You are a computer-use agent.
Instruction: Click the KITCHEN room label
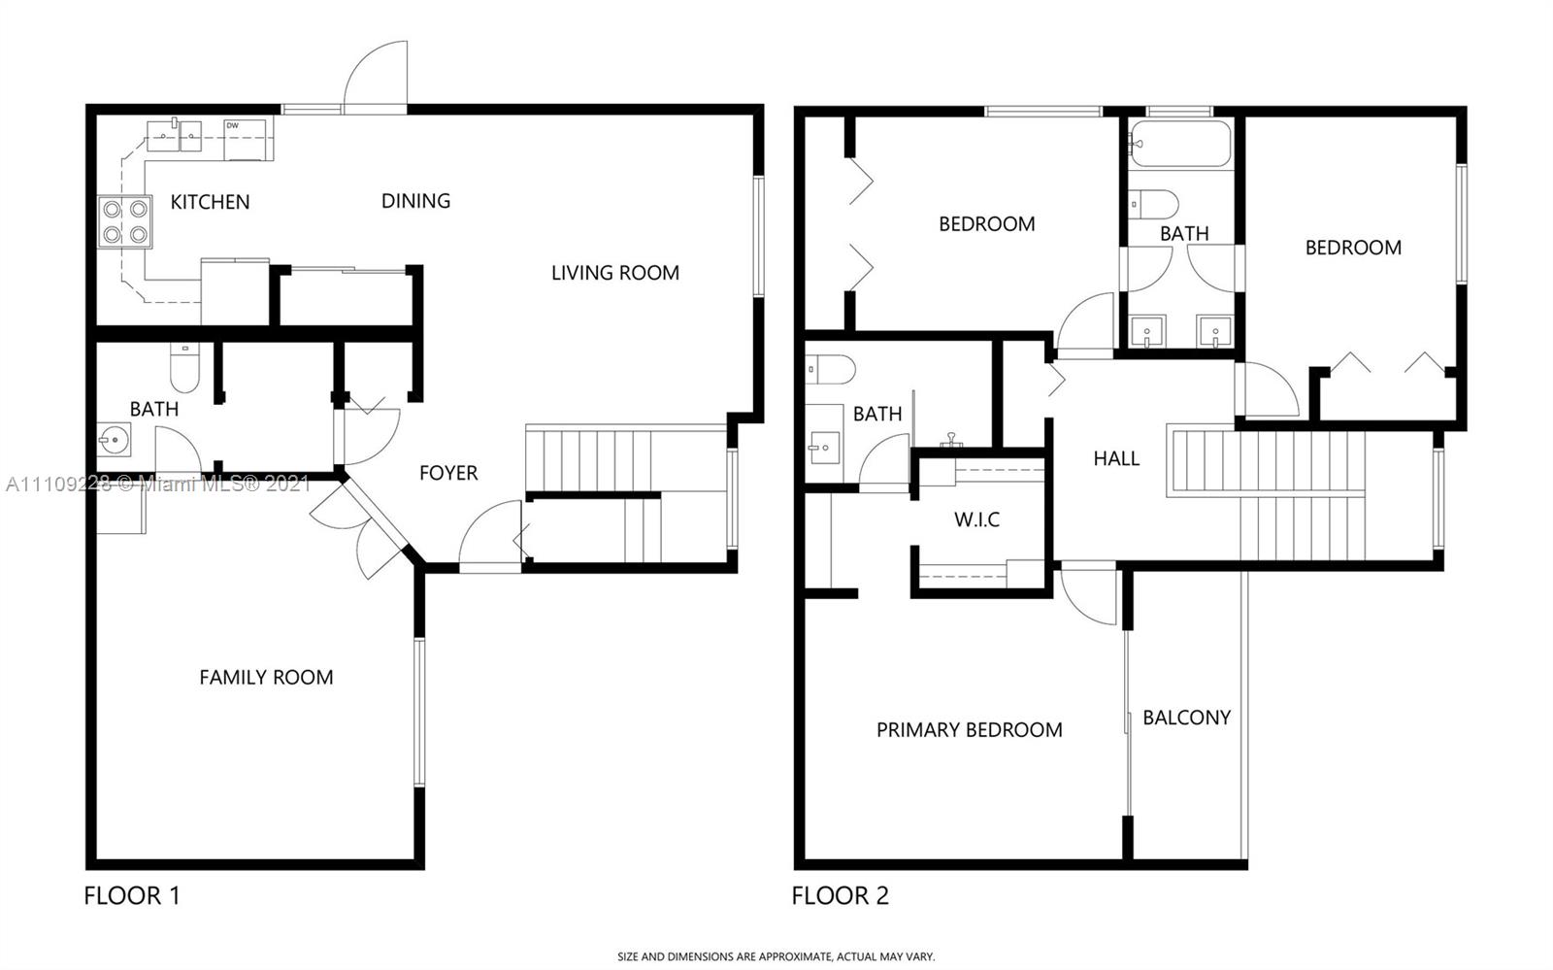[x=210, y=202]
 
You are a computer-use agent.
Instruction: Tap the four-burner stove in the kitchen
[x=125, y=222]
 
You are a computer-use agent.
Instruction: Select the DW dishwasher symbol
[x=245, y=140]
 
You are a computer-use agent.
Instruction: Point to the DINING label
[x=416, y=201]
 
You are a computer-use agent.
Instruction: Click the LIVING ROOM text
[x=615, y=273]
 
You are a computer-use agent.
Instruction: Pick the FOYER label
[x=448, y=473]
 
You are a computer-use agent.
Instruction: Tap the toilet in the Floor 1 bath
[x=184, y=367]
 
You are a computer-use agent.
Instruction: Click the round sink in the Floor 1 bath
[x=113, y=439]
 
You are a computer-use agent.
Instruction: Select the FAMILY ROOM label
[x=266, y=678]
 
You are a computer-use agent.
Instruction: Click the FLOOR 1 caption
[x=132, y=896]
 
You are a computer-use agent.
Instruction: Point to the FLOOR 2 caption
[x=841, y=896]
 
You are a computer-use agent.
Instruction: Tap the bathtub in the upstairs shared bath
[x=1180, y=144]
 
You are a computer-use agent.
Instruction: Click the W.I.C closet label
[x=976, y=519]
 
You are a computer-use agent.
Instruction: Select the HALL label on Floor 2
[x=1116, y=458]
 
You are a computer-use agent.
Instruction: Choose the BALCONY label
[x=1187, y=718]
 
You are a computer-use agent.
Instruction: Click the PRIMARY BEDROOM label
[x=970, y=730]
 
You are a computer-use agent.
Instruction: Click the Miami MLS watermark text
[x=158, y=484]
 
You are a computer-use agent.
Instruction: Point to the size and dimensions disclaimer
[x=776, y=956]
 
